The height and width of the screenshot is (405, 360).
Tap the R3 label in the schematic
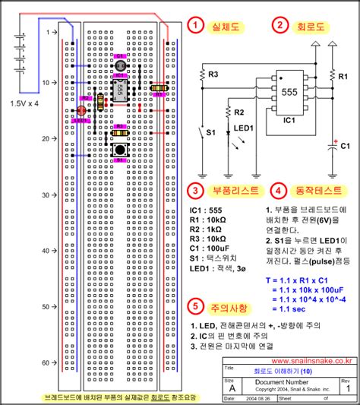click(x=215, y=74)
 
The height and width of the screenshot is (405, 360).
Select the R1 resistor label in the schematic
click(x=343, y=76)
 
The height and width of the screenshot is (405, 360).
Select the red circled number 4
click(x=279, y=190)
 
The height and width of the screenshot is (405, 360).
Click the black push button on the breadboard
click(x=120, y=150)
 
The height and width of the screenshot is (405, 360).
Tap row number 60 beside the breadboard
click(x=45, y=362)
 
